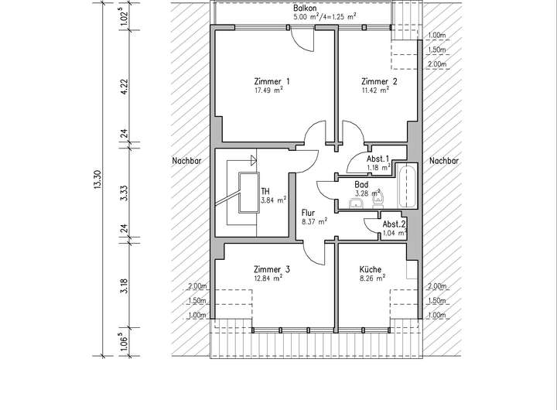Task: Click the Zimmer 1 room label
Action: click(272, 81)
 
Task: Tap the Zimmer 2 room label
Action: click(379, 81)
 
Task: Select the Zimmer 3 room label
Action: click(272, 269)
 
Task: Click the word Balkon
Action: click(305, 6)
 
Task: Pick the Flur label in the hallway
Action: click(309, 211)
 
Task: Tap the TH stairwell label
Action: click(265, 191)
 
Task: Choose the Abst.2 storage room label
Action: click(394, 224)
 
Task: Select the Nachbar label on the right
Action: click(444, 161)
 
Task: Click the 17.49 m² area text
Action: click(268, 91)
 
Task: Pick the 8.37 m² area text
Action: click(314, 220)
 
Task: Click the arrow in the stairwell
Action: click(252, 161)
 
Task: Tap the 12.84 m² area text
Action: click(268, 278)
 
